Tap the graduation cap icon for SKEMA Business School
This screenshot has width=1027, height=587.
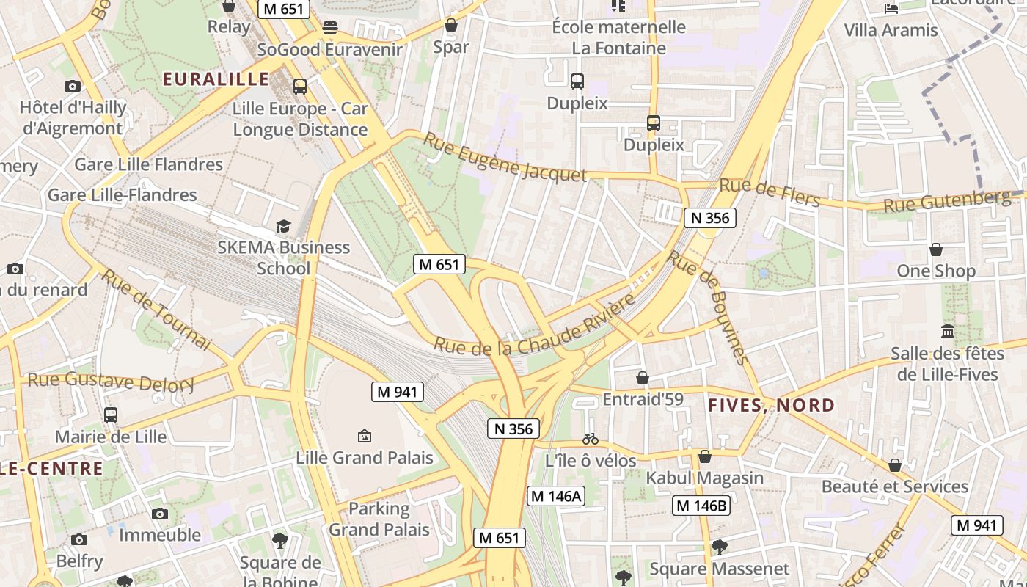point(283,226)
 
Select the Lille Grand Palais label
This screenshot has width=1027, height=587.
point(365,458)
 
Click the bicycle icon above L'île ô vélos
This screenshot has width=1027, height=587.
point(591,439)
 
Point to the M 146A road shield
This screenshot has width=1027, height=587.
point(555,496)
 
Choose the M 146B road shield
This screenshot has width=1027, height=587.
point(701,505)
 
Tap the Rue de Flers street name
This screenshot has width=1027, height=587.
point(769,192)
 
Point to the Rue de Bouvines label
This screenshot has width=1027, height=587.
point(709,307)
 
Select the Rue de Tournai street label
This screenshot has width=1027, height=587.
point(156,310)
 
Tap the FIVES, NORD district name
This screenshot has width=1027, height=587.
point(771,405)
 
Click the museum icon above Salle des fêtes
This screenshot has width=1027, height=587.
point(947,332)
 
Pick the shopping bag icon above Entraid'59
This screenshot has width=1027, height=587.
point(643,378)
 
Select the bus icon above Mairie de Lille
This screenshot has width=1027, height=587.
point(111,415)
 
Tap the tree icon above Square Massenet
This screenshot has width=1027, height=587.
point(720,547)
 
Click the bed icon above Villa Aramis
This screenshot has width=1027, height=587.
point(891,9)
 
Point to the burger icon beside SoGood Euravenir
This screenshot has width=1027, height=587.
point(330,28)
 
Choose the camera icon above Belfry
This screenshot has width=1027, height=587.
point(79,540)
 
